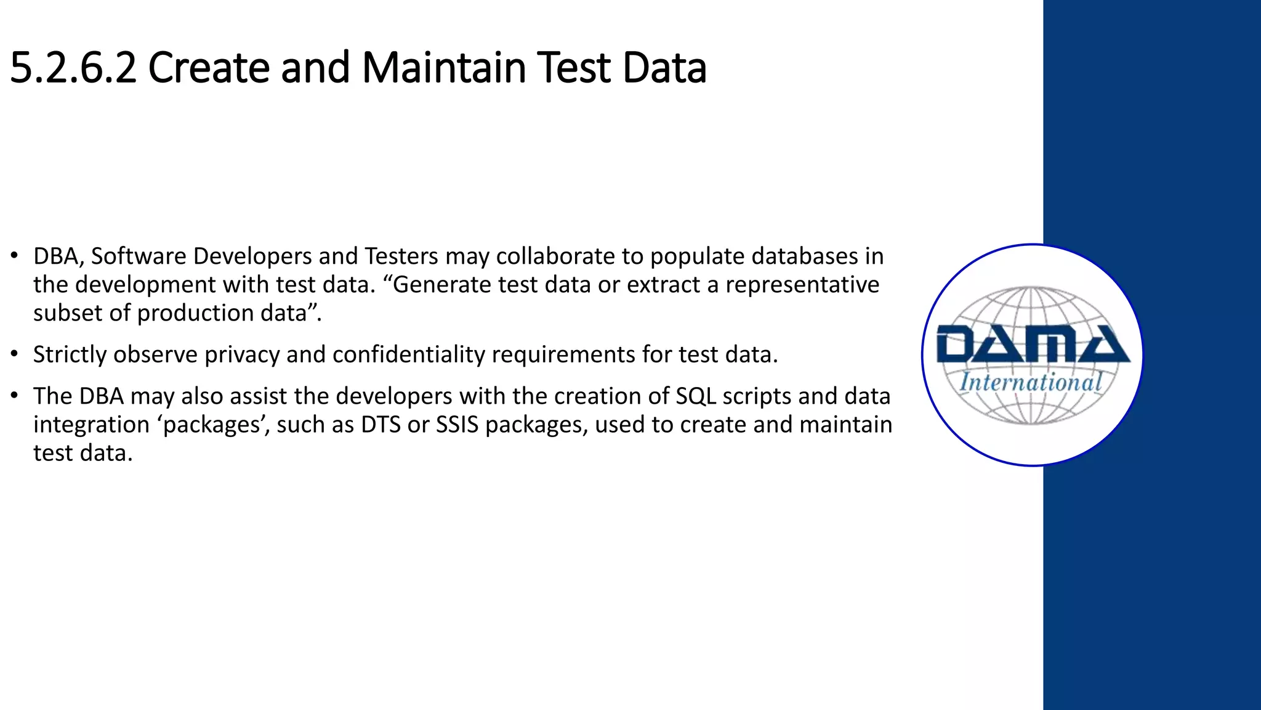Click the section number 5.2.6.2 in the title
(x=73, y=68)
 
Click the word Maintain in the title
(x=444, y=68)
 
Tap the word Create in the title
(x=209, y=68)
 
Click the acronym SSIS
(x=457, y=425)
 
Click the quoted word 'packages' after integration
(x=216, y=425)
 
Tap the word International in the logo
(x=1031, y=382)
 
